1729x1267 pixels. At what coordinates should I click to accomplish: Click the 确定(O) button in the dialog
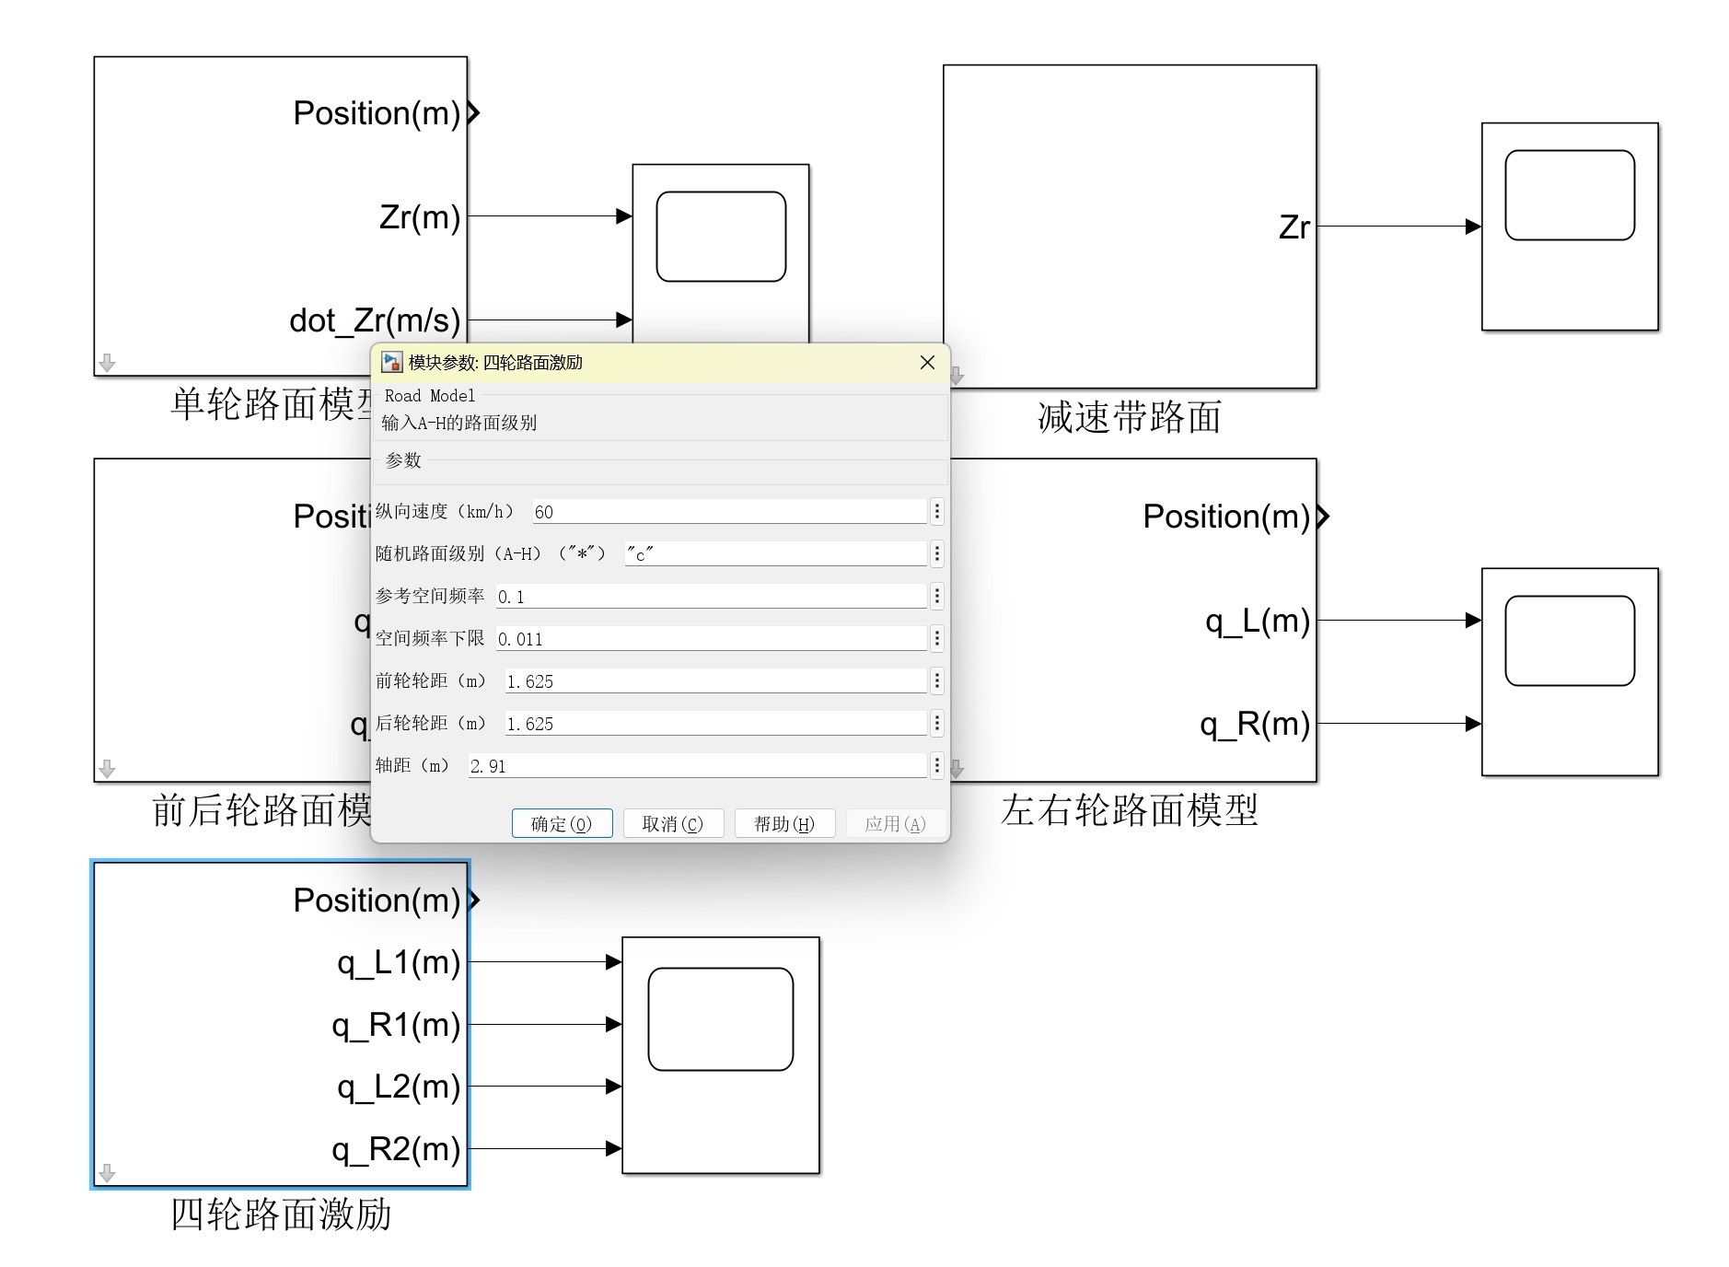point(562,823)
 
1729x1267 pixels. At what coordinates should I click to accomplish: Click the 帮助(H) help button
point(784,823)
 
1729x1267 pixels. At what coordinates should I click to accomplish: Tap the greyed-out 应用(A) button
point(895,823)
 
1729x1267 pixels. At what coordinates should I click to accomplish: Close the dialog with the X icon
point(927,363)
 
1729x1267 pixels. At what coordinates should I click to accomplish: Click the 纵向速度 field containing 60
point(728,512)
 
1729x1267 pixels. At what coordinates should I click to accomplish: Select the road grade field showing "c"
point(774,554)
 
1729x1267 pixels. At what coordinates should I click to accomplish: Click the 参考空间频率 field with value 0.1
point(710,597)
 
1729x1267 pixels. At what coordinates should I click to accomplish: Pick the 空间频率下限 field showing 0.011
point(710,639)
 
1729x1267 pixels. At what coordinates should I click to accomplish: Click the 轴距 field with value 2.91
point(696,766)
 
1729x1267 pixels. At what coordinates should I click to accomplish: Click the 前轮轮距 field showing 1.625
point(714,681)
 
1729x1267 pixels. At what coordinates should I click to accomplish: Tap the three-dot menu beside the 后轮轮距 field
point(937,724)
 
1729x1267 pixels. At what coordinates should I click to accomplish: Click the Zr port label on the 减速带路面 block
point(1294,227)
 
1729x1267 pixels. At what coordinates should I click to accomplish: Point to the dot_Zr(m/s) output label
point(374,320)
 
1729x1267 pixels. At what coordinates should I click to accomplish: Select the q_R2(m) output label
point(396,1149)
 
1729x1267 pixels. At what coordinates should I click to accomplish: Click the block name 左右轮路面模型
point(1129,810)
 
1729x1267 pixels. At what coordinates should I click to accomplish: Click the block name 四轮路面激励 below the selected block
point(281,1215)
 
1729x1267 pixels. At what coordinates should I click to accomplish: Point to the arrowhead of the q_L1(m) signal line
point(614,962)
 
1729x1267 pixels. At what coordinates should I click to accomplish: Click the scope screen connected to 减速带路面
point(1569,195)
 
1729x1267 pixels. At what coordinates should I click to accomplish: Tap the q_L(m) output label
point(1257,621)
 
